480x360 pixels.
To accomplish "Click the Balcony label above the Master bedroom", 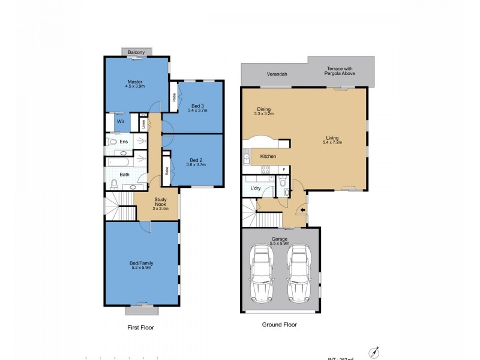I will [136, 53].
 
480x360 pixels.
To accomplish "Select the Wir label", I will [120, 121].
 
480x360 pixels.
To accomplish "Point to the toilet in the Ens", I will [111, 142].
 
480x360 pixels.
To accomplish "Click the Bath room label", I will [124, 175].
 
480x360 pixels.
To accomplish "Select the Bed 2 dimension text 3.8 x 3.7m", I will [197, 166].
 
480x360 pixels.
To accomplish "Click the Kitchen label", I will [268, 157].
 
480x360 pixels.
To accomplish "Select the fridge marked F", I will [283, 170].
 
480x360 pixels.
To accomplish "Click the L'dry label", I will [255, 189].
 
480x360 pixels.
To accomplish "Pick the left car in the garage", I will [262, 275].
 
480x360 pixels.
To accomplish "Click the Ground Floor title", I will [279, 325].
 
